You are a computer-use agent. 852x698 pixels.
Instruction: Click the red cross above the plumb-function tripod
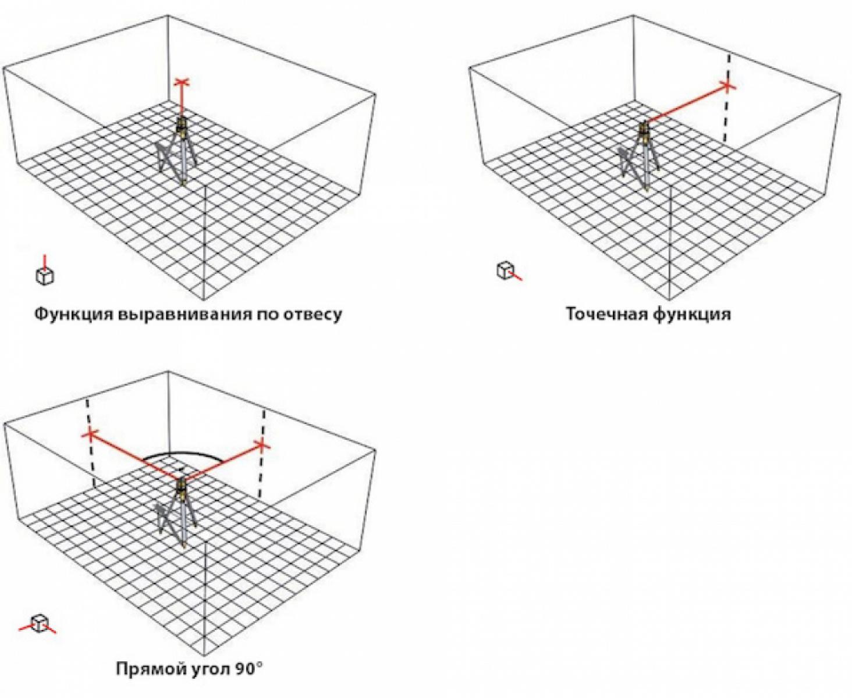tap(182, 83)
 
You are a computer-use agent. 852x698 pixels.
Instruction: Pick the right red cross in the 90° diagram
tap(262, 446)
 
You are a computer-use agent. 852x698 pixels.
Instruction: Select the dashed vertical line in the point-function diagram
tap(727, 104)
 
